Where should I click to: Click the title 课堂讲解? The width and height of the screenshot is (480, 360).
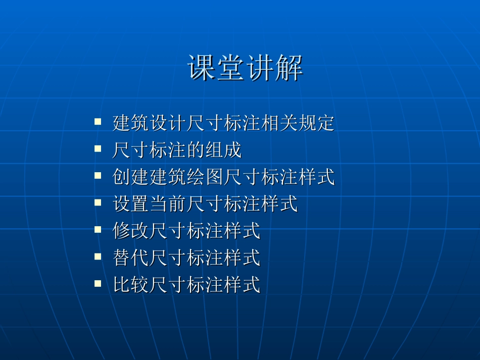tap(246, 68)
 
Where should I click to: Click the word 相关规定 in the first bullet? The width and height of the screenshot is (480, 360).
tap(298, 123)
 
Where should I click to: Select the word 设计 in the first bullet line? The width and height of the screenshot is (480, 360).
tap(159, 123)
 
